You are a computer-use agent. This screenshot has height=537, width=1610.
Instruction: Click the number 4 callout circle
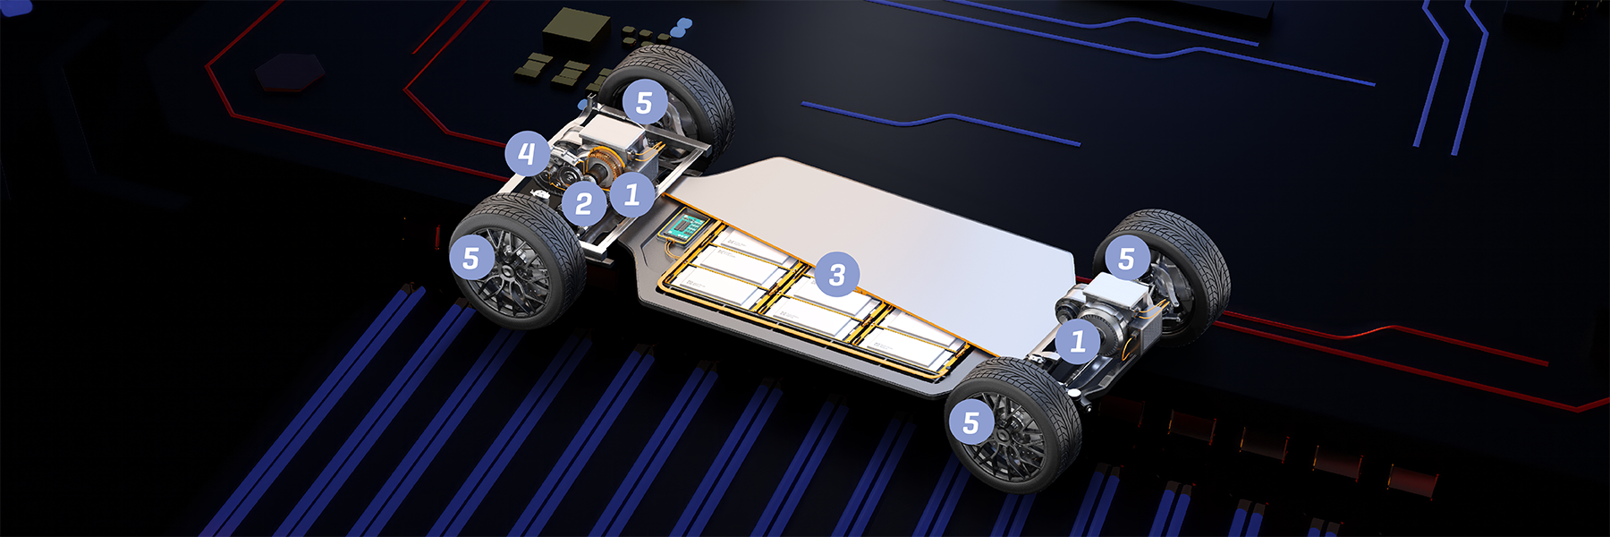[527, 154]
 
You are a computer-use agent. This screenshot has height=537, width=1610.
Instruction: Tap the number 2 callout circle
[584, 204]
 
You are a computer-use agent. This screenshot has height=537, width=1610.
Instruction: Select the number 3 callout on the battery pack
[837, 275]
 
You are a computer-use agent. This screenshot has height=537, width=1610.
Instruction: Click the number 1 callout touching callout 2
[632, 193]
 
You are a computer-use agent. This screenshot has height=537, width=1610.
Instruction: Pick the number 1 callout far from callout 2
[1078, 341]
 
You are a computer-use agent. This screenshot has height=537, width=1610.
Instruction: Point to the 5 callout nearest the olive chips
[645, 102]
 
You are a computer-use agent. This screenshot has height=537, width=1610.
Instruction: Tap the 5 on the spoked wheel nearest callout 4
[471, 258]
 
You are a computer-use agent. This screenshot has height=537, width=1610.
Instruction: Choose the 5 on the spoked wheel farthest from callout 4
[971, 422]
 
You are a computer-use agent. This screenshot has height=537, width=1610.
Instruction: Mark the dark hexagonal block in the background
[290, 72]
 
